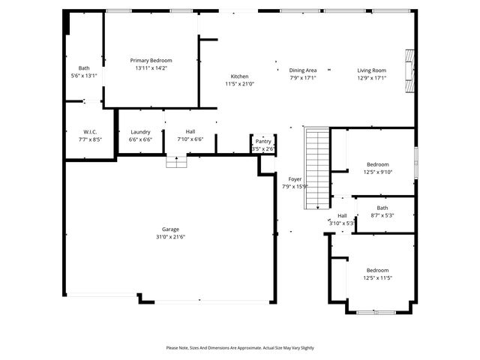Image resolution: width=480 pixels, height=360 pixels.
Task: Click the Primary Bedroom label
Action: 151,61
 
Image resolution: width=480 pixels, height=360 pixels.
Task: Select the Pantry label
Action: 263,141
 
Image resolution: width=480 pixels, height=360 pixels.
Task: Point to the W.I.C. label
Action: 91,132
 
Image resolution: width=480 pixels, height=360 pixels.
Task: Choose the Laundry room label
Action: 140,132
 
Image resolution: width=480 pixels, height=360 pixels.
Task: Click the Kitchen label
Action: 239,76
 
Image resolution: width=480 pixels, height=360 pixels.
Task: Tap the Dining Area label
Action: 303,70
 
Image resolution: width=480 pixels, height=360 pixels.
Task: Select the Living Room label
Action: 371,70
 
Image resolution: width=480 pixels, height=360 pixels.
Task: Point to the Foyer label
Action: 295,179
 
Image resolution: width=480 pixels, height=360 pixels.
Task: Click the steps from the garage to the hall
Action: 176,162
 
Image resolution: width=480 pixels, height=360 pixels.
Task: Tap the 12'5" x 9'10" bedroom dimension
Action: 378,172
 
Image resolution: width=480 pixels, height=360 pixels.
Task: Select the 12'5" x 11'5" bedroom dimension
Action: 378,277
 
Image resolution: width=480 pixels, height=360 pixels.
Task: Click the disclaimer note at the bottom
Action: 240,348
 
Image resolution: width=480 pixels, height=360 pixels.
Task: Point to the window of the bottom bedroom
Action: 372,312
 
